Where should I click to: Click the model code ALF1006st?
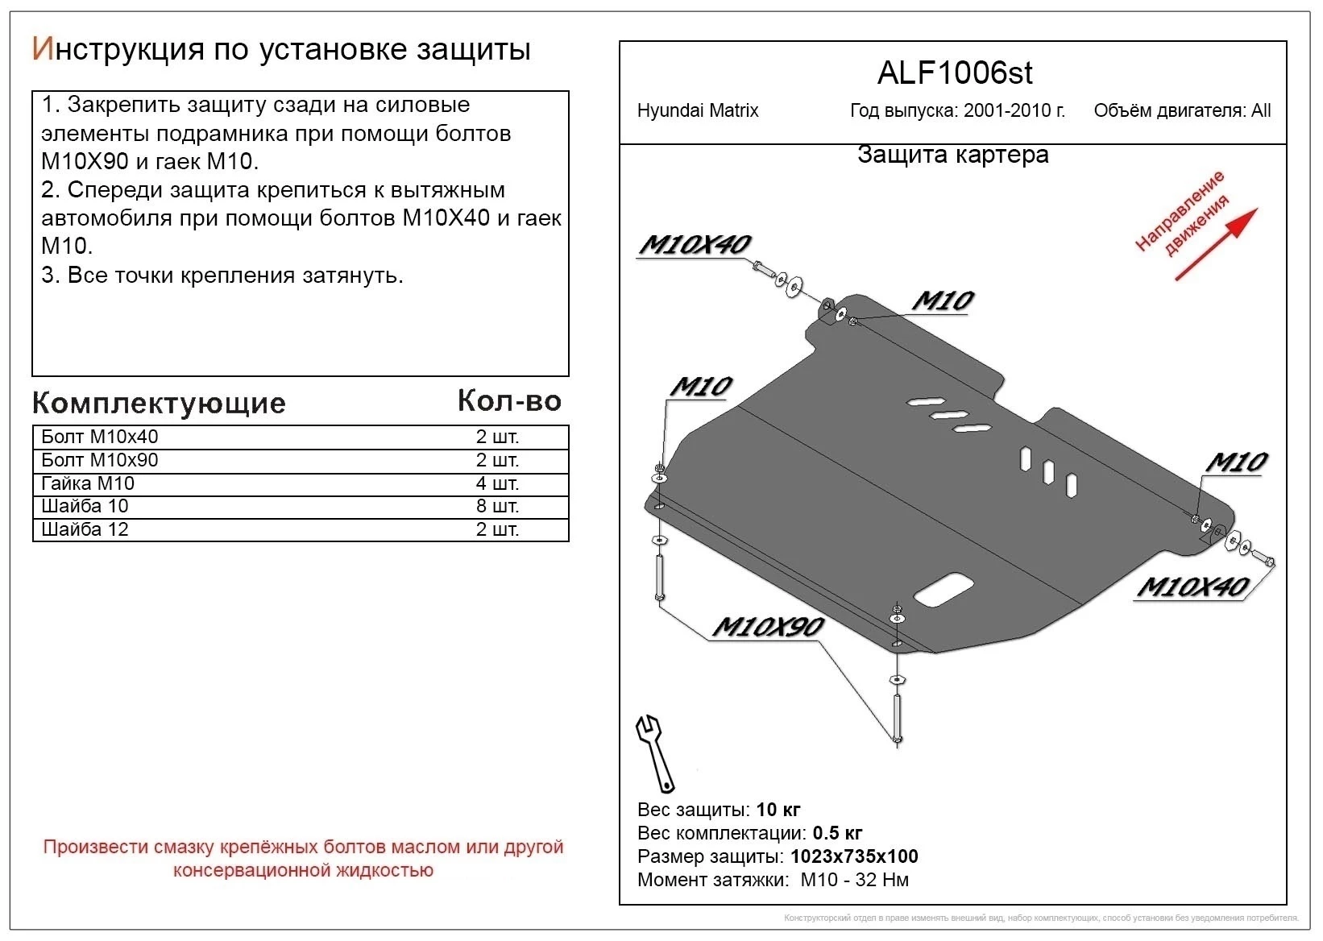pos(954,74)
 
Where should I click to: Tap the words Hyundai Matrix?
pos(697,111)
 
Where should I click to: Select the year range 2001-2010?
pos(1011,111)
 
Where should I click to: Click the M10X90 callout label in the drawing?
pos(768,627)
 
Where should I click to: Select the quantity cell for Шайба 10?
pos(496,507)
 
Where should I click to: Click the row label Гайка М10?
pos(88,483)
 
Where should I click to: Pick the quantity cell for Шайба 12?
pos(496,530)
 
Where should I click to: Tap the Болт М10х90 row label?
pos(99,460)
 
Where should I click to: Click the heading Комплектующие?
pos(159,403)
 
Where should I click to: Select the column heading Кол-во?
pos(509,400)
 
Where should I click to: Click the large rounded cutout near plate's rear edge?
pos(944,590)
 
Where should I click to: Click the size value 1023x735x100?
pos(854,856)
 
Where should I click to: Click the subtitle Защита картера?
pos(952,155)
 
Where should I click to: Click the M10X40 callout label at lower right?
pos(1192,587)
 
